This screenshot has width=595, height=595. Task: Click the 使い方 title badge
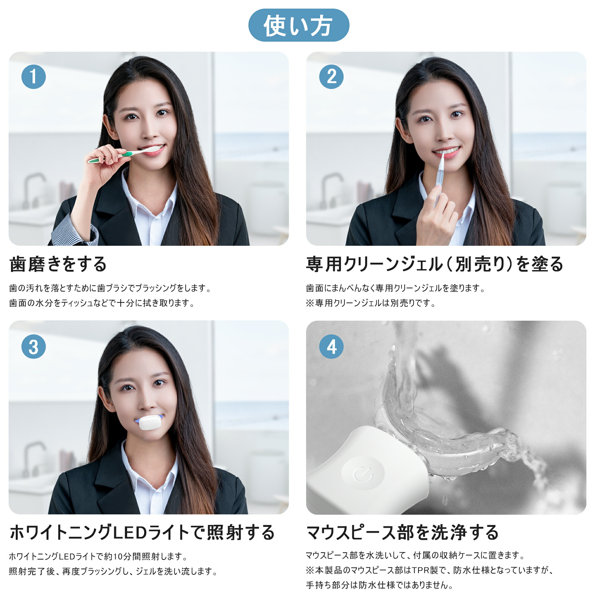pyautogui.click(x=298, y=25)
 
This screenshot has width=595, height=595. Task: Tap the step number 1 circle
pyautogui.click(x=34, y=77)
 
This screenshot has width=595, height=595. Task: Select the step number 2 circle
pyautogui.click(x=331, y=77)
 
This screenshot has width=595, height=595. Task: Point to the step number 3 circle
pyautogui.click(x=34, y=347)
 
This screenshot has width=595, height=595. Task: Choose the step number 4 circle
pyautogui.click(x=331, y=347)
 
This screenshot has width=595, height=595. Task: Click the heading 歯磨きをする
pyautogui.click(x=58, y=264)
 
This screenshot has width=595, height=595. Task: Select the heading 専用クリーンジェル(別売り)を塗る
pyautogui.click(x=434, y=264)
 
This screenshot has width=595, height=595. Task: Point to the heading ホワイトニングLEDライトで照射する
pyautogui.click(x=142, y=533)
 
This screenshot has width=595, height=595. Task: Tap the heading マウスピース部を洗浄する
pyautogui.click(x=402, y=533)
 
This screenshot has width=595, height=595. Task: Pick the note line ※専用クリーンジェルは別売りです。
pyautogui.click(x=370, y=303)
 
